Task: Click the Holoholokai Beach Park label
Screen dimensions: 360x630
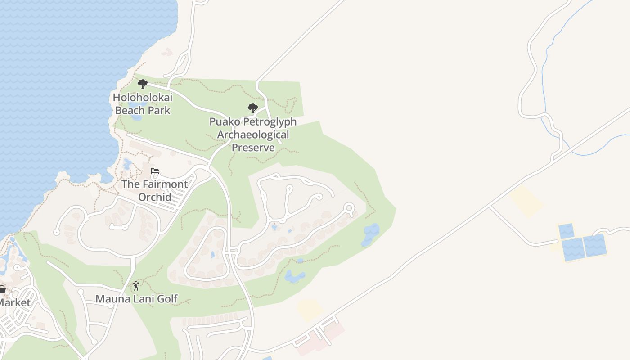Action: (143, 104)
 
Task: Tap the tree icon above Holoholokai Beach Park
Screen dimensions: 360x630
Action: (143, 84)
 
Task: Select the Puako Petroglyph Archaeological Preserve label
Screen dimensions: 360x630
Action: (253, 135)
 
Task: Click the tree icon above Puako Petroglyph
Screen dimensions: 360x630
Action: (253, 108)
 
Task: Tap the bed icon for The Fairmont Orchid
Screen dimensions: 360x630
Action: (155, 171)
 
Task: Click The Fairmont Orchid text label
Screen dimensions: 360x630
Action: (155, 191)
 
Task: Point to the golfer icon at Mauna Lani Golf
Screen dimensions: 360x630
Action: (136, 286)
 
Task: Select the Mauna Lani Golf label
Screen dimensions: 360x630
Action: (136, 298)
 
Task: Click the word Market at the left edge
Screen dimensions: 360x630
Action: (15, 302)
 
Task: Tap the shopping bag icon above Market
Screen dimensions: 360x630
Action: (2, 289)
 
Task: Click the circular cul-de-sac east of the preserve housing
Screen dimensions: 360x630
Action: (349, 208)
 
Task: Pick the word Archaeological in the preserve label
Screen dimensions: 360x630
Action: (253, 135)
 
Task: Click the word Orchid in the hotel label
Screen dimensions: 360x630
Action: (155, 197)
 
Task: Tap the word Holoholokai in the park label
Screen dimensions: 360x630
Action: (143, 97)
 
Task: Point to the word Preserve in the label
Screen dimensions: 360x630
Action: (253, 148)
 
